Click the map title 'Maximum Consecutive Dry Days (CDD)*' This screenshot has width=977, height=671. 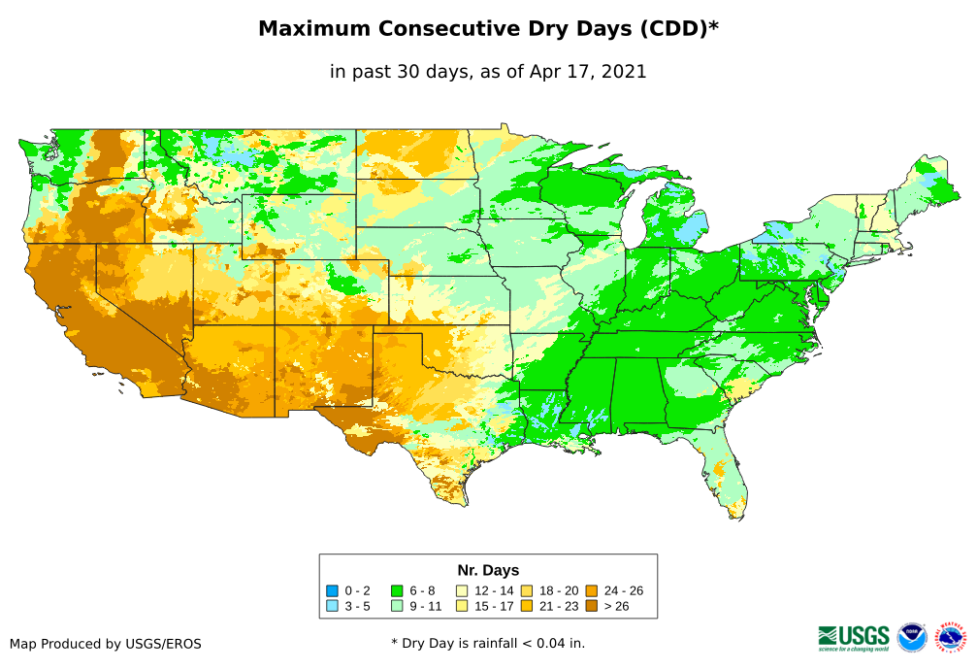pyautogui.click(x=488, y=29)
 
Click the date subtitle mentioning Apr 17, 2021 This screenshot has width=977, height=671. pyautogui.click(x=488, y=72)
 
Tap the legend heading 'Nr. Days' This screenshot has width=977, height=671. pyautogui.click(x=488, y=570)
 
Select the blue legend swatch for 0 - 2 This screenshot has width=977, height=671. pyautogui.click(x=332, y=590)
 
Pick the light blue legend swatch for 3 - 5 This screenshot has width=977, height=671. pyautogui.click(x=332, y=606)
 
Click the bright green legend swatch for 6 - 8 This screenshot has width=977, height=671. pyautogui.click(x=397, y=590)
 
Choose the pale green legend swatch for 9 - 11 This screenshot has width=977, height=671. pyautogui.click(x=397, y=606)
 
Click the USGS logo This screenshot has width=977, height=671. pyautogui.click(x=854, y=637)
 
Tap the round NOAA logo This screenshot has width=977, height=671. pyautogui.click(x=912, y=637)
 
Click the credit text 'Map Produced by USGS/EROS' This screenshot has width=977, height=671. pyautogui.click(x=106, y=643)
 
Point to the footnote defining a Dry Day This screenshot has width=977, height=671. pyautogui.click(x=488, y=643)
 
